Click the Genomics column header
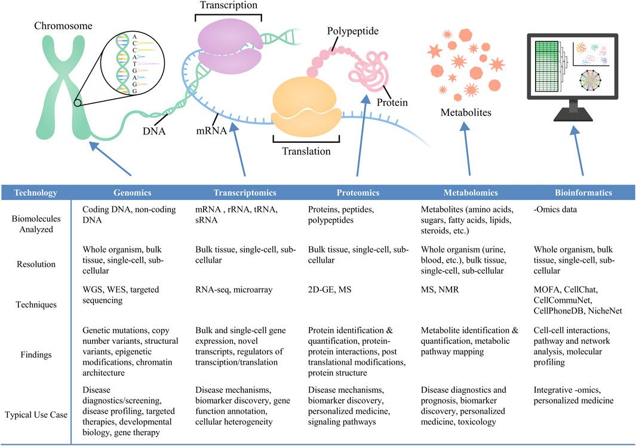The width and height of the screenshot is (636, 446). [132, 193]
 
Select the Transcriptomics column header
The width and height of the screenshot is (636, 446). [245, 193]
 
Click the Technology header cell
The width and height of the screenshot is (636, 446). [36, 193]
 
